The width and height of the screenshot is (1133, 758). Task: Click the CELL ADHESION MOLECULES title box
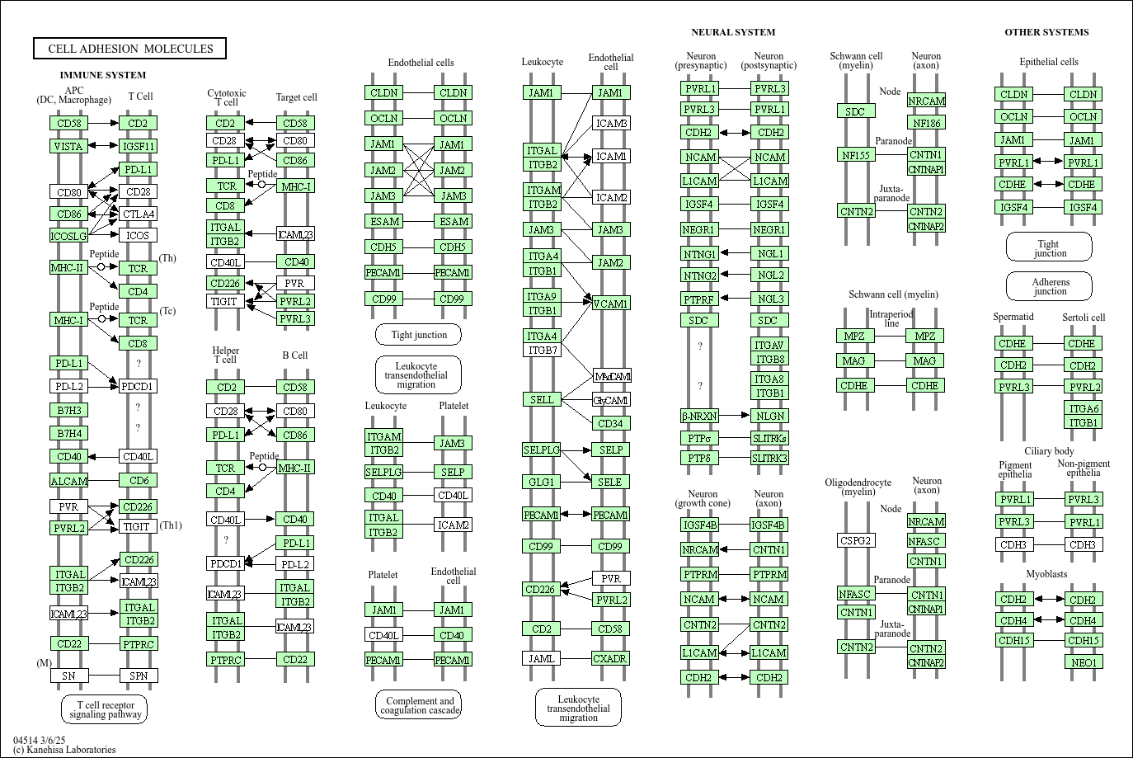[x=129, y=49]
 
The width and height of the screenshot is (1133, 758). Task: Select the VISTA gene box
[x=68, y=146]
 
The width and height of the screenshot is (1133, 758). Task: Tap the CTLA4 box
[x=138, y=214]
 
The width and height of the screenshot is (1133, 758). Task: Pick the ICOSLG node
[x=68, y=235]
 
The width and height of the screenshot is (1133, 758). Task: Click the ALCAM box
[x=68, y=480]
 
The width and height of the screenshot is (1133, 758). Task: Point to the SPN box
[x=139, y=676]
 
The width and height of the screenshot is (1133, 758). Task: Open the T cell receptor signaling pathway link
[x=105, y=709]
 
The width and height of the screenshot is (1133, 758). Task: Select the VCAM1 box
[x=611, y=304]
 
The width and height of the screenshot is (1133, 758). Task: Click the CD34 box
[x=611, y=423]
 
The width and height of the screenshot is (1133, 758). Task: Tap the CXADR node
[x=610, y=658]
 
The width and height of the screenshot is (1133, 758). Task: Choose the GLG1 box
[x=541, y=482]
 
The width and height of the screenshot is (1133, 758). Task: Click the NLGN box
[x=770, y=416]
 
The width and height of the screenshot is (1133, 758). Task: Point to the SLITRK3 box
[x=770, y=458]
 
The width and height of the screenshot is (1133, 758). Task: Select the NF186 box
[x=927, y=122]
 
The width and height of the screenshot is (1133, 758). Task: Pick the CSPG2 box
[x=856, y=540]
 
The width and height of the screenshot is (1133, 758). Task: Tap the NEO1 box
[x=1084, y=661]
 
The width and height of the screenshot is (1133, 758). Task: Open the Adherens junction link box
[x=1050, y=286]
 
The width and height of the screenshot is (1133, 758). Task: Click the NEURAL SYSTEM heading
[x=733, y=32]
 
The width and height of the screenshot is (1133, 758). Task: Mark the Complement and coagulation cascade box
[x=419, y=704]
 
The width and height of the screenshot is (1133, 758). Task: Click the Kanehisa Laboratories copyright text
[x=64, y=750]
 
